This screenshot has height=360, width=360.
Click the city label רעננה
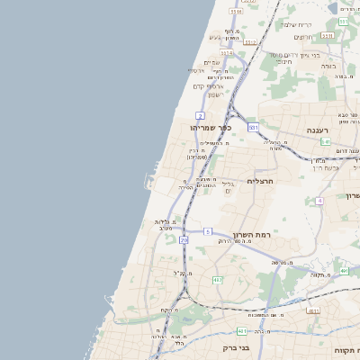(x=319, y=130)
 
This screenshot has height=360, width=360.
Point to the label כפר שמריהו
(x=211, y=128)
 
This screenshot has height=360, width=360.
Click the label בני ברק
(x=236, y=346)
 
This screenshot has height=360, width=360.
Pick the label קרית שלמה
(x=294, y=24)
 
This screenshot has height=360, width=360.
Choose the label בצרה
(x=328, y=66)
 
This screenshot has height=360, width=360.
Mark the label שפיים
(x=211, y=62)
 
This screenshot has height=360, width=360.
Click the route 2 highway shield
(x=200, y=116)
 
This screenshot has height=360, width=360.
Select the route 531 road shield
(x=254, y=127)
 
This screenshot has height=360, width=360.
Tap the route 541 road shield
(x=325, y=142)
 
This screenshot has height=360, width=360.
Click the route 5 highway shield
(x=207, y=232)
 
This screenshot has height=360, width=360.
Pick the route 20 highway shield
(x=184, y=240)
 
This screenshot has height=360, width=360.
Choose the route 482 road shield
(x=217, y=280)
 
